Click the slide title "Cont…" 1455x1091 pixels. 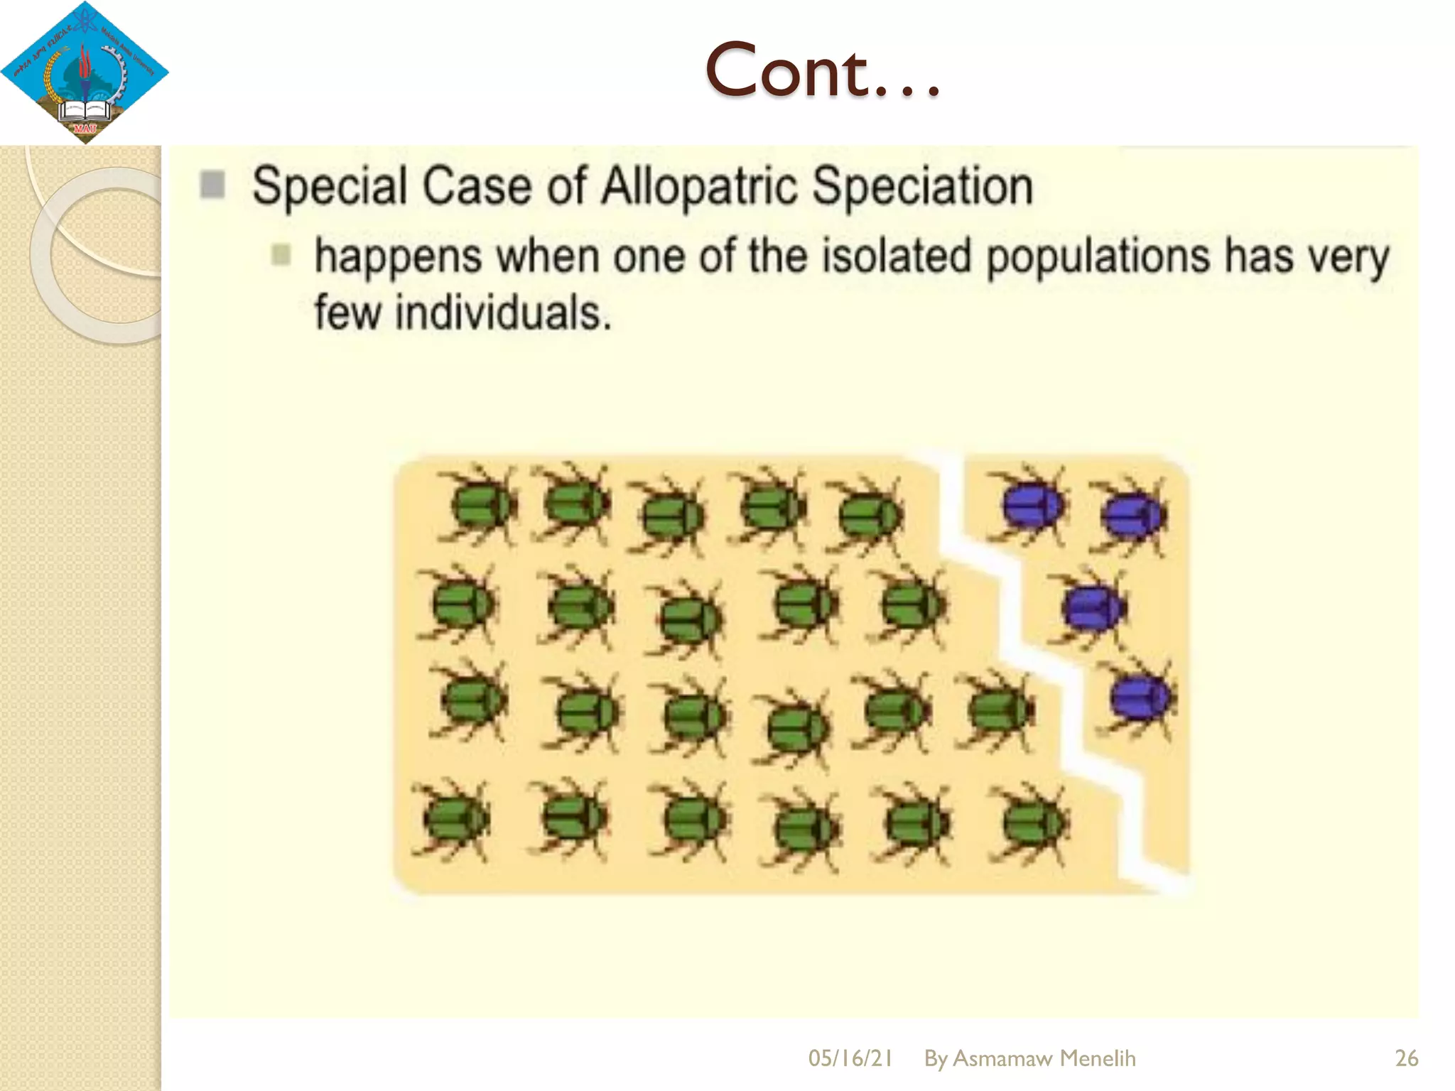(x=823, y=71)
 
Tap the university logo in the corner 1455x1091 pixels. (x=85, y=72)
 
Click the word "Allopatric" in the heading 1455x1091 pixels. (x=699, y=186)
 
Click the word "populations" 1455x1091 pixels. (x=1098, y=257)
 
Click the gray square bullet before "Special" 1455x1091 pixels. (x=212, y=185)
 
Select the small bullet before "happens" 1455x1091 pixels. (x=281, y=254)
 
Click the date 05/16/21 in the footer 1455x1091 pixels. (x=850, y=1058)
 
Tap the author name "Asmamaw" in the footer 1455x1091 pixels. (x=1002, y=1058)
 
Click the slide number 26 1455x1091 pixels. (x=1406, y=1058)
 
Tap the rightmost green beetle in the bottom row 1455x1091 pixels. (x=1033, y=823)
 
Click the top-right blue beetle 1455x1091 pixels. (x=1131, y=514)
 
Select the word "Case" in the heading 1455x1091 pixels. (x=477, y=186)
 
